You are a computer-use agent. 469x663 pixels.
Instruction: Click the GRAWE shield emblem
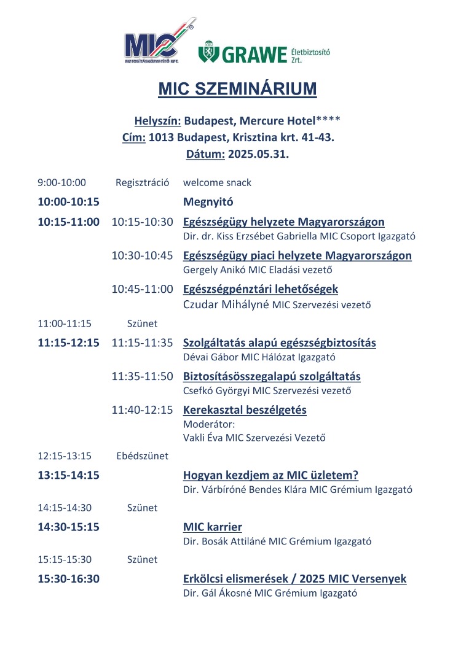click(x=207, y=53)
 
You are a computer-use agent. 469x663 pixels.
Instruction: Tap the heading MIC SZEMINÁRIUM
click(x=237, y=89)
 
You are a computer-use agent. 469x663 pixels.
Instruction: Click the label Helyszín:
click(x=157, y=120)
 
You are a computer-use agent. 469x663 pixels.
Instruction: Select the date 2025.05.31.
click(x=258, y=154)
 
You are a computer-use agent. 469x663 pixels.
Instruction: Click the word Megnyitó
click(x=208, y=201)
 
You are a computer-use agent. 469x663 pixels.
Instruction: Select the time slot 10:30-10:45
click(x=142, y=255)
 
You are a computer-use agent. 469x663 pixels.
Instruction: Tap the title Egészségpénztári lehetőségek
click(x=261, y=289)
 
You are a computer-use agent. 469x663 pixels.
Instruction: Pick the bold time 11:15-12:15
click(x=68, y=343)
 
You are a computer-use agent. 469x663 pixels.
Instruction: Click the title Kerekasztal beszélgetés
click(x=245, y=409)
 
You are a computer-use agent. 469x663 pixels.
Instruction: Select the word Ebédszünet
click(x=142, y=456)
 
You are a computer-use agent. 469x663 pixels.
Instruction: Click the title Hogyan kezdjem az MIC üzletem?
click(x=270, y=475)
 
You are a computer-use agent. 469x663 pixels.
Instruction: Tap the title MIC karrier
click(x=213, y=527)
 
